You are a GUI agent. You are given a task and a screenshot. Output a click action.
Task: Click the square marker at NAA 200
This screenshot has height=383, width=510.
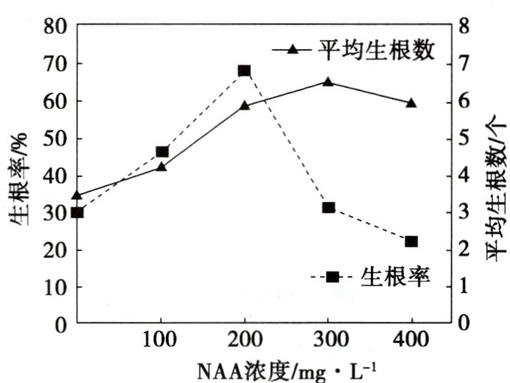[245, 71]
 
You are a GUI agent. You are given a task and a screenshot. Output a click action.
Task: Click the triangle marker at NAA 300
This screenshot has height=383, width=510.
[328, 82]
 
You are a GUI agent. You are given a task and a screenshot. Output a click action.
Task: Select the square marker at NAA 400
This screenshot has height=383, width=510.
[411, 241]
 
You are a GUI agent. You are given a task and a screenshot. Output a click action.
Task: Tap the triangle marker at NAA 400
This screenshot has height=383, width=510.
[411, 103]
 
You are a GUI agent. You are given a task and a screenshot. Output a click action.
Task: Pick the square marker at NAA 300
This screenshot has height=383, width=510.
[328, 208]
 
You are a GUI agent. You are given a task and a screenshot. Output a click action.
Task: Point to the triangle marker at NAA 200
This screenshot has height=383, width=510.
[245, 105]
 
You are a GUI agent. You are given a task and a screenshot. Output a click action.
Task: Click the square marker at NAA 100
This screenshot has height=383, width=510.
[161, 152]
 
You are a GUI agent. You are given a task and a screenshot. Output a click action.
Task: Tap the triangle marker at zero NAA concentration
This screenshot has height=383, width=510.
[77, 195]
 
